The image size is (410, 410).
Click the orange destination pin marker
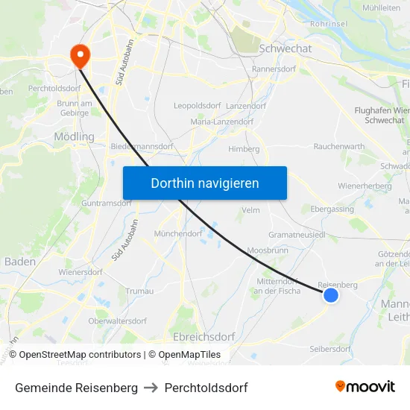pyautogui.click(x=78, y=55)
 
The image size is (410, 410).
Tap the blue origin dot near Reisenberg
pyautogui.click(x=331, y=296)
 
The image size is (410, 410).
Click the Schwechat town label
pyautogui.click(x=285, y=48)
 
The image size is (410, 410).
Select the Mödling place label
pyautogui.click(x=75, y=137)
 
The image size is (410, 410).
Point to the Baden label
pyautogui.click(x=19, y=262)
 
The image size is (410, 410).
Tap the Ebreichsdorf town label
pyautogui.click(x=204, y=337)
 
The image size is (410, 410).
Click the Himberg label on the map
pyautogui.click(x=244, y=149)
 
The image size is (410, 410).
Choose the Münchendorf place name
pyautogui.click(x=178, y=233)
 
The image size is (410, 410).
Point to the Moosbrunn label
pyautogui.click(x=267, y=250)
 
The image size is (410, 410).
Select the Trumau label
pyautogui.click(x=140, y=291)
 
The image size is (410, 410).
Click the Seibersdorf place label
pyautogui.click(x=329, y=349)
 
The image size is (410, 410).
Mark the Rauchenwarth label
pyautogui.click(x=340, y=146)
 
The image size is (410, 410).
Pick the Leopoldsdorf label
pyautogui.click(x=198, y=106)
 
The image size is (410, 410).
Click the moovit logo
pyautogui.click(x=365, y=387)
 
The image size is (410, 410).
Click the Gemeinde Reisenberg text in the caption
pyautogui.click(x=76, y=388)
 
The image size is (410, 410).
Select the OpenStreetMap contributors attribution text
pyautogui.click(x=80, y=355)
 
